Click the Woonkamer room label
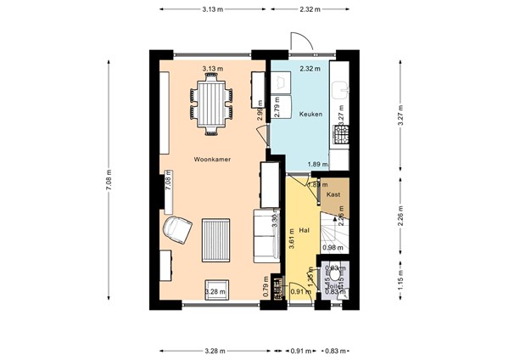(x=213, y=159)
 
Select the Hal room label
(x=304, y=229)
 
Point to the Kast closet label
(x=333, y=194)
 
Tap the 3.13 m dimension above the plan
(x=213, y=8)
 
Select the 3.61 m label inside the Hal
(x=291, y=240)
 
